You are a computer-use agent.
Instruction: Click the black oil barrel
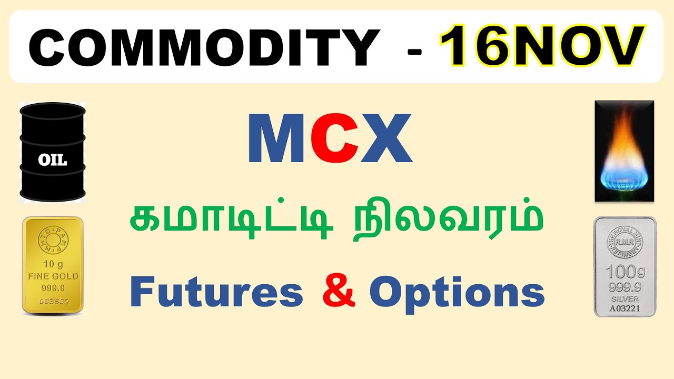[53, 152]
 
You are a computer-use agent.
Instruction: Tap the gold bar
[53, 266]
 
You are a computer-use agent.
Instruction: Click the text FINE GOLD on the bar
[53, 276]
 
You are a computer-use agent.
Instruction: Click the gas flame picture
[624, 151]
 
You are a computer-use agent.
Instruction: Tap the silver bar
[625, 266]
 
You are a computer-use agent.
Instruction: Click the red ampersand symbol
[337, 293]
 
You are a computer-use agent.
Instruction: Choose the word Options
[457, 294]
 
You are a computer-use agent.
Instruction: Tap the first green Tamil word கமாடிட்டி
[232, 221]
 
